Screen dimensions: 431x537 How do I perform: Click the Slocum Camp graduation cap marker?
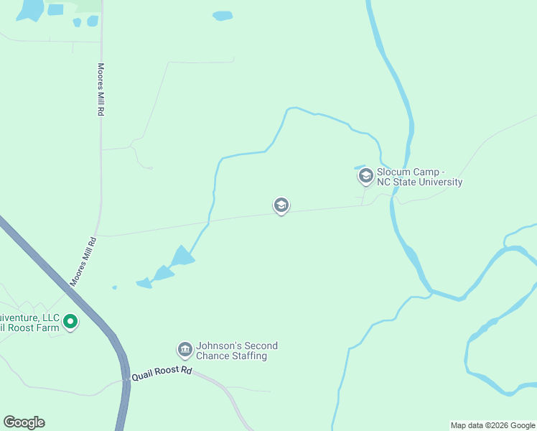pyautogui.click(x=365, y=175)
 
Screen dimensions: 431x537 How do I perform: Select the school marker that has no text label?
pyautogui.click(x=281, y=205)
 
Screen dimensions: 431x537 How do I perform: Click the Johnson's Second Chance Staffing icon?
pyautogui.click(x=185, y=350)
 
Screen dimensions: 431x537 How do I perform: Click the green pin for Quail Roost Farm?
pyautogui.click(x=70, y=322)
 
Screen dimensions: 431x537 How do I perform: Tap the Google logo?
pyautogui.click(x=24, y=422)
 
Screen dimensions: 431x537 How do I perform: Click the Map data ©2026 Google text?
pyautogui.click(x=492, y=426)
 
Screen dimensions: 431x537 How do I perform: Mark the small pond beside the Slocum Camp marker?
pyautogui.click(x=358, y=168)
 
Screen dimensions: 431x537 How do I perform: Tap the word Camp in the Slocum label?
pyautogui.click(x=425, y=172)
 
